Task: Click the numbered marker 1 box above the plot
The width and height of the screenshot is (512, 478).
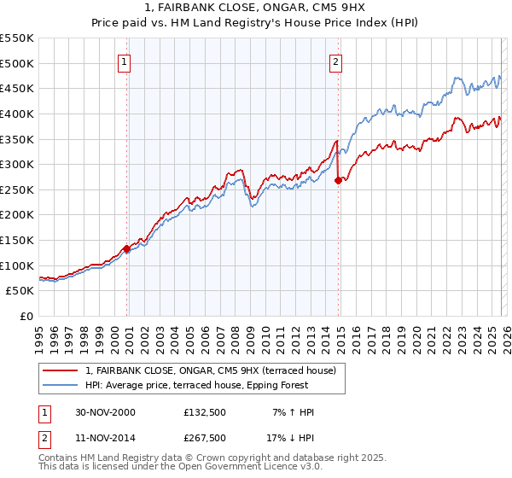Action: click(x=125, y=61)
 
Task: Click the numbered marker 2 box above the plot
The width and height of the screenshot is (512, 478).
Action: click(x=336, y=61)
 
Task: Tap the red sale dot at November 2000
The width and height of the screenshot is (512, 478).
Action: click(x=127, y=248)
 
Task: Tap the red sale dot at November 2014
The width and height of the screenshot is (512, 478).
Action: click(x=339, y=180)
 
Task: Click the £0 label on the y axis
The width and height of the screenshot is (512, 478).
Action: click(x=27, y=316)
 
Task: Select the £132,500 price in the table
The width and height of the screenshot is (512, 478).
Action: click(x=205, y=412)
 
